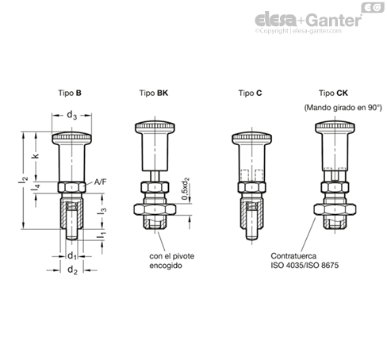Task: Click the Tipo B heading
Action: coord(70,93)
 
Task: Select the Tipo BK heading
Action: coord(154,93)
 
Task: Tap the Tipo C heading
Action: coord(250,93)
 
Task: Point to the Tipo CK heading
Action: coord(333,93)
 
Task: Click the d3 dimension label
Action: coord(71,115)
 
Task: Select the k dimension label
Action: coord(35,155)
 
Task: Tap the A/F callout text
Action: coord(101,182)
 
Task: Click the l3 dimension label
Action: coord(102,211)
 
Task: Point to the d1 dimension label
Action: coord(72,256)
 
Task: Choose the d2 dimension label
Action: coord(72,270)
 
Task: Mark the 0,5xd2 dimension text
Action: coord(186,189)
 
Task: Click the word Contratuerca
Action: coord(293,256)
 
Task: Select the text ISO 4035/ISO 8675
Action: coord(305,265)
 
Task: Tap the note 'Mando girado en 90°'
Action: coord(343,108)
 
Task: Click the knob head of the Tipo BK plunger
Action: coord(155,127)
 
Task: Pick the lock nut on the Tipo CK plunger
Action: coord(335,209)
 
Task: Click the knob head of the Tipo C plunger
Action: coord(252,138)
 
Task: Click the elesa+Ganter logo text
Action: coord(308,20)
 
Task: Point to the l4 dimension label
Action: coord(36,188)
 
